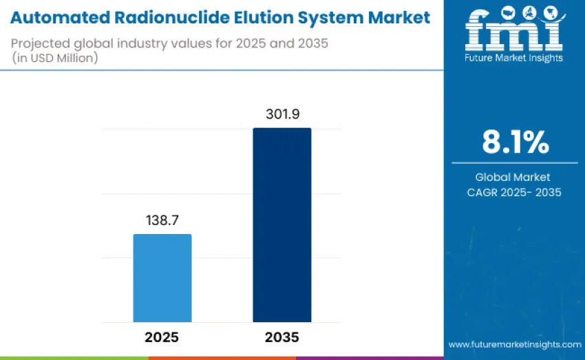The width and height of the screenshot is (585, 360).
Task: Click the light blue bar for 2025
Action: click(x=162, y=278)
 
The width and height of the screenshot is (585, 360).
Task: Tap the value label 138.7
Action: click(x=162, y=222)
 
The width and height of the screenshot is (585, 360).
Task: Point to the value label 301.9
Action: click(x=283, y=115)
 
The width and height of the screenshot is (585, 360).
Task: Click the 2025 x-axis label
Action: click(x=162, y=337)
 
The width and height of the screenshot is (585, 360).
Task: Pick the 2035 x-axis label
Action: click(x=282, y=337)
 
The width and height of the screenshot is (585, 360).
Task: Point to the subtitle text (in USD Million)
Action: click(x=55, y=59)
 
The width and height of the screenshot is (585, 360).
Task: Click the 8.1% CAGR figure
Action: click(x=515, y=142)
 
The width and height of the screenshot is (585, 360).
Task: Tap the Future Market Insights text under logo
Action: click(x=514, y=58)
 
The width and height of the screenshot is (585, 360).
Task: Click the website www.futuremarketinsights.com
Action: click(x=514, y=344)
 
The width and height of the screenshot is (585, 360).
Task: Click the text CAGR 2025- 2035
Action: click(x=514, y=193)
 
